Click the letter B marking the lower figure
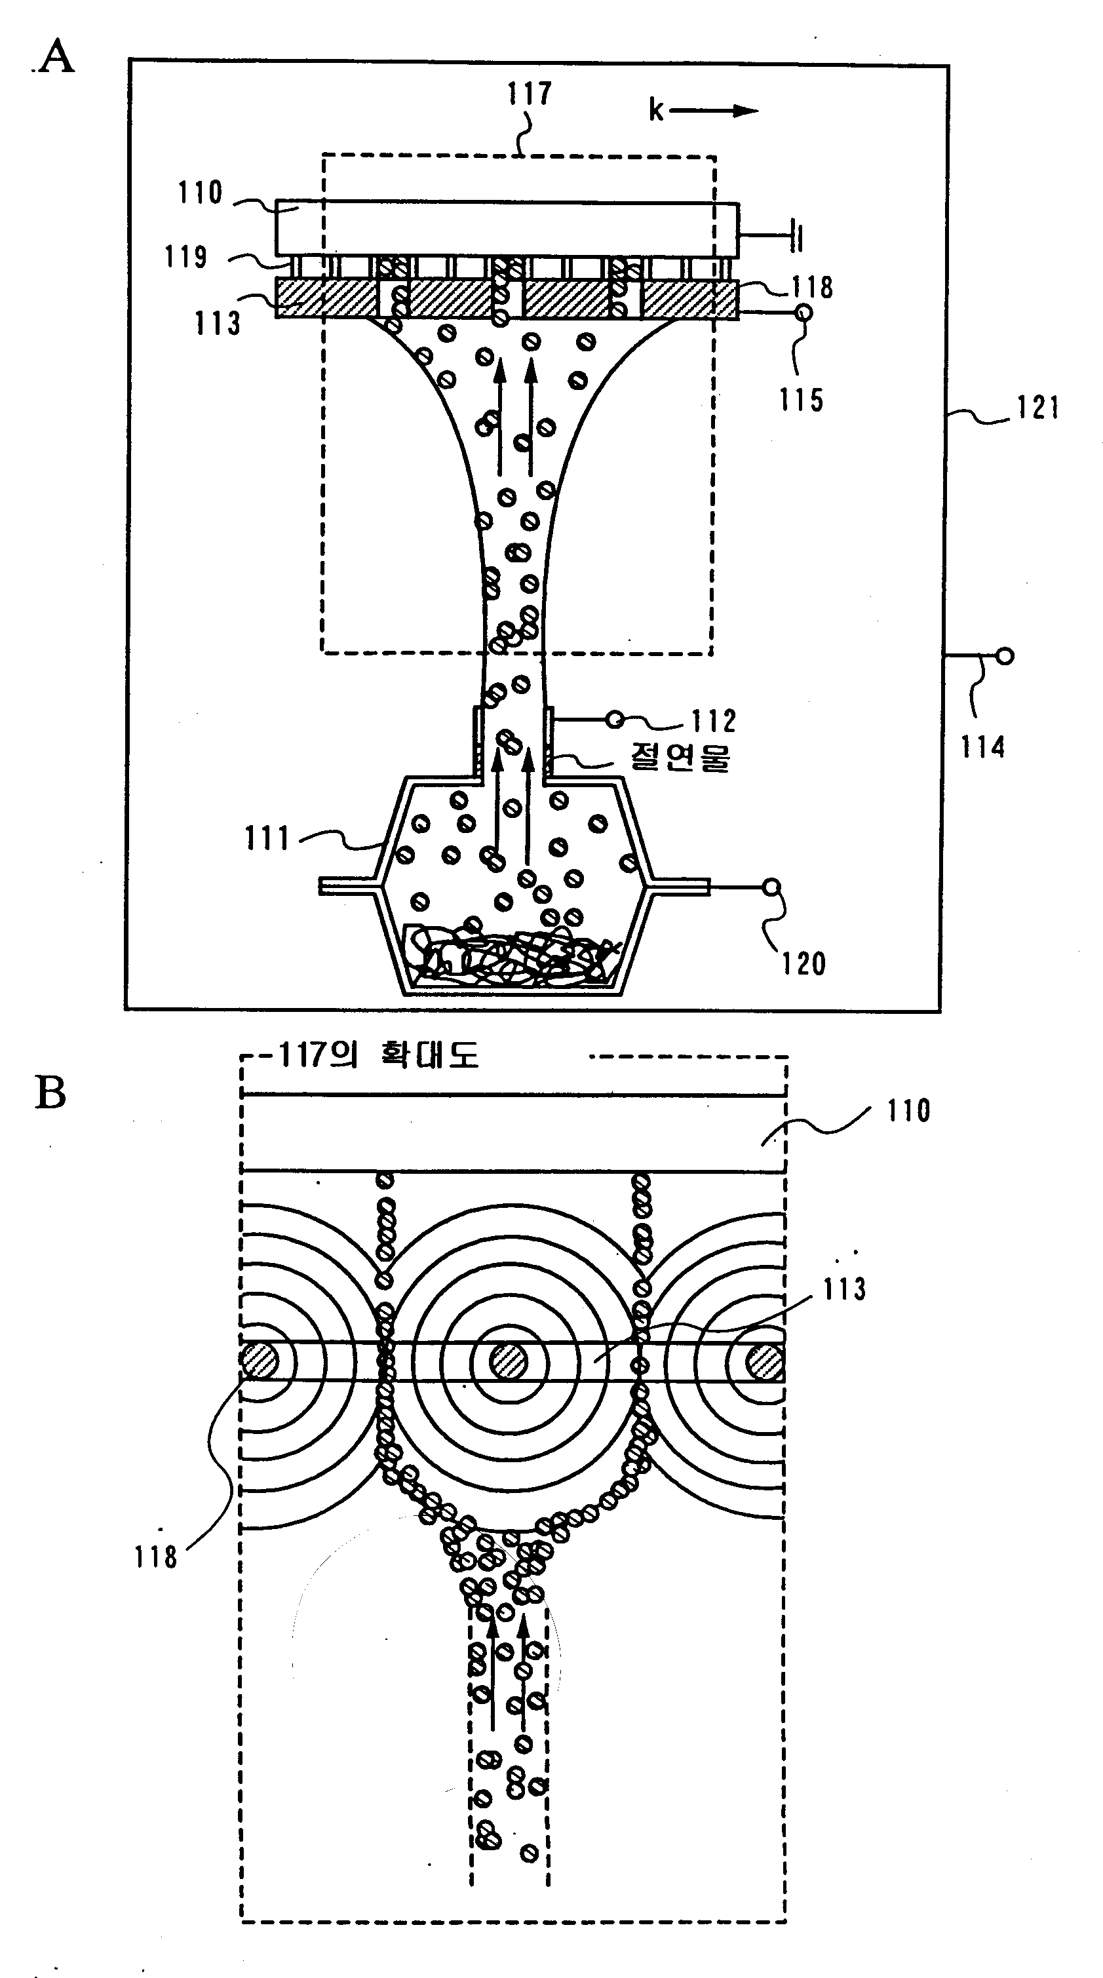click(x=50, y=1093)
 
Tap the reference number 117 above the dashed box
click(x=529, y=94)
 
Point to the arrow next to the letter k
click(x=713, y=111)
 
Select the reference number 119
click(x=185, y=256)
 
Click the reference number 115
click(x=802, y=400)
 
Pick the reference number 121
click(x=1037, y=408)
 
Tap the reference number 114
click(x=982, y=747)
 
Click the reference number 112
click(x=714, y=721)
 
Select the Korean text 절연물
click(x=680, y=757)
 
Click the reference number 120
click(x=803, y=963)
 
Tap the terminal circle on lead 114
click(x=1005, y=656)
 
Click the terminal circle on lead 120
click(x=772, y=887)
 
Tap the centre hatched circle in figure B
click(x=509, y=1362)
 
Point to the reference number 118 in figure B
click(x=156, y=1557)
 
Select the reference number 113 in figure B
click(x=844, y=1290)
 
